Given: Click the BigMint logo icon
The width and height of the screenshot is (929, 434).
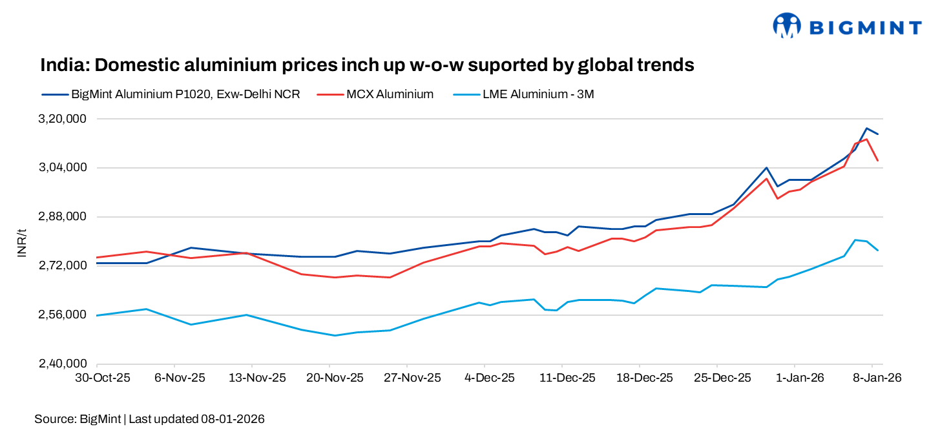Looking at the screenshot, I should [786, 26].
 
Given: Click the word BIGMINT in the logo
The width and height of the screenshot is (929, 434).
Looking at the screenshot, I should [865, 27].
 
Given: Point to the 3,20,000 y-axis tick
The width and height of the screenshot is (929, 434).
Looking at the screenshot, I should [63, 119].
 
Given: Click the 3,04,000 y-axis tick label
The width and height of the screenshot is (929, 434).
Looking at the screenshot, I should [63, 168].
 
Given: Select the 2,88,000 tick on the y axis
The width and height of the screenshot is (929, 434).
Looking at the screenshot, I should [63, 217].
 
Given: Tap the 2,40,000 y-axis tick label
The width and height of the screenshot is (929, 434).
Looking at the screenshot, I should [63, 364].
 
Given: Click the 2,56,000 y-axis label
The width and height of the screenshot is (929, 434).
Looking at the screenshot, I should [63, 315].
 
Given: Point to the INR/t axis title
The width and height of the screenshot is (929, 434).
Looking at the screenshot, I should [21, 243].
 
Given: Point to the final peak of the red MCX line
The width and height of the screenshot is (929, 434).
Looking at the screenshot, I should [866, 139].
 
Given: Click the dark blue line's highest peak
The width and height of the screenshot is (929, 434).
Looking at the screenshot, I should [866, 128].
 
